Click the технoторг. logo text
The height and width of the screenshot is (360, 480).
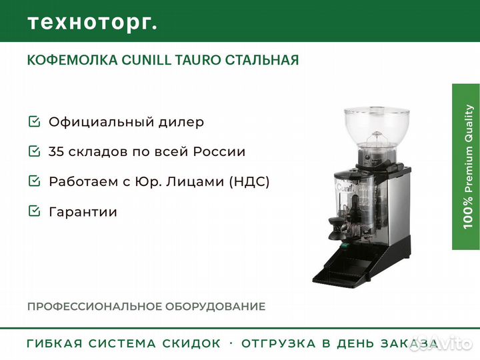pyautogui.click(x=93, y=23)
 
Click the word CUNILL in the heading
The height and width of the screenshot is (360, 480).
pyautogui.click(x=147, y=60)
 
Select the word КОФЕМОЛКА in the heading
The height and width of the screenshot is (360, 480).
pyautogui.click(x=73, y=60)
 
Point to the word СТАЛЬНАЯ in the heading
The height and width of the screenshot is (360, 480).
pyautogui.click(x=262, y=60)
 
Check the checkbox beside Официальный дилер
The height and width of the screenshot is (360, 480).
pyautogui.click(x=34, y=121)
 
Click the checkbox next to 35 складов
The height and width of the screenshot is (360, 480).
pyautogui.click(x=34, y=151)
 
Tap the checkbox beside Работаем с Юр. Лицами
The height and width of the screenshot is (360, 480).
pyautogui.click(x=34, y=181)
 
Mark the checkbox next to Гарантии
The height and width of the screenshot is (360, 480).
pyautogui.click(x=34, y=211)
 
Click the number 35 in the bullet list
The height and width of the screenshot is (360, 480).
pyautogui.click(x=56, y=151)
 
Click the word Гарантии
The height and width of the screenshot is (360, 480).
pyautogui.click(x=83, y=212)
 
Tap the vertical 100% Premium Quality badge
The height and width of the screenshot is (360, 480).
pyautogui.click(x=466, y=167)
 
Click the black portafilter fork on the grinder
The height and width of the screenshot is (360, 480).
pyautogui.click(x=337, y=227)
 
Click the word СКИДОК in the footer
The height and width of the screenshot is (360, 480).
pyautogui.click(x=191, y=343)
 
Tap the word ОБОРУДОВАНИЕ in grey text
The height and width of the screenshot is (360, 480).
pyautogui.click(x=215, y=307)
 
